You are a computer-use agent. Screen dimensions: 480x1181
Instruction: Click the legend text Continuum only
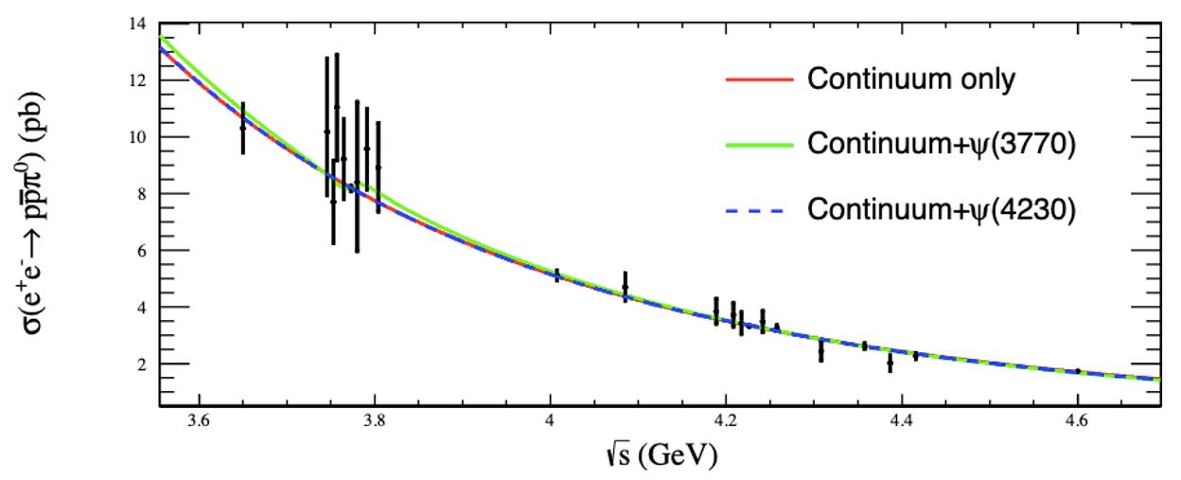tap(910, 80)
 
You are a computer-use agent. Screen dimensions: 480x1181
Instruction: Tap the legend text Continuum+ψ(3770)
tap(942, 145)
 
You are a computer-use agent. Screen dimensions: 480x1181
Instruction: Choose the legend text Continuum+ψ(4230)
tap(942, 211)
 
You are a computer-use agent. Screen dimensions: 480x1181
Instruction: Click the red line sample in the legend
tap(759, 80)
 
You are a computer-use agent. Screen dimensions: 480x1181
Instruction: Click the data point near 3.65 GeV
tap(243, 127)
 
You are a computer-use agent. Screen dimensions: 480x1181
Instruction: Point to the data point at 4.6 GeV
tap(1078, 371)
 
